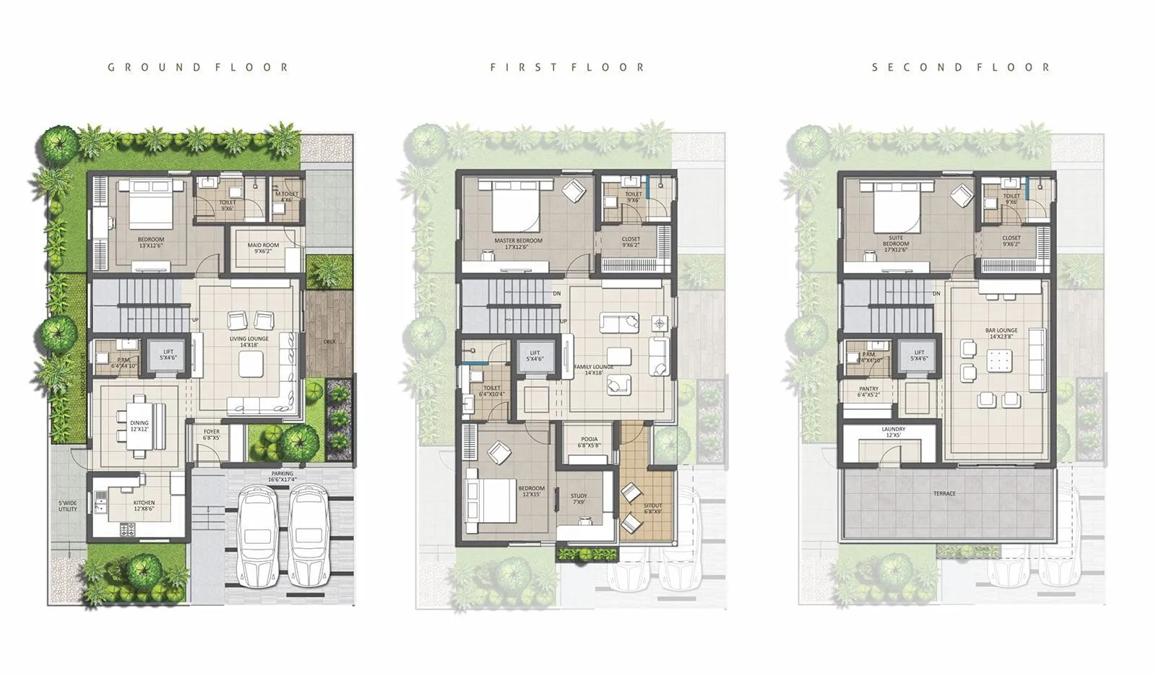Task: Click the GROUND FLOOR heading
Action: point(198,67)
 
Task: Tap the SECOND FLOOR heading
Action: point(960,67)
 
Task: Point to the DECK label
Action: point(329,342)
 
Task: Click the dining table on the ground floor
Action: point(139,426)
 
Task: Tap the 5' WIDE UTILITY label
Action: point(68,506)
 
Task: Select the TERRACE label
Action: point(944,494)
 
